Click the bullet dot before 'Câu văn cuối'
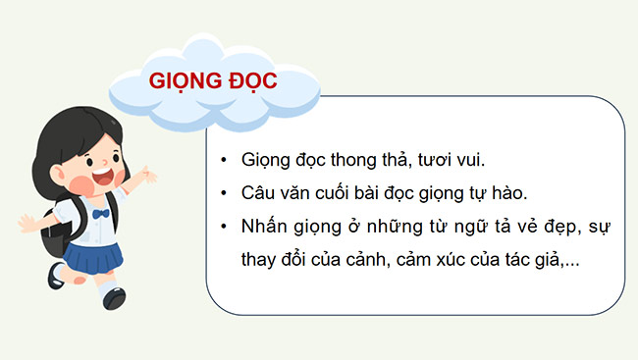pos(226,192)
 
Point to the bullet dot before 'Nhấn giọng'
pos(226,227)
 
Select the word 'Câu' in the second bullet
pos(257,192)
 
